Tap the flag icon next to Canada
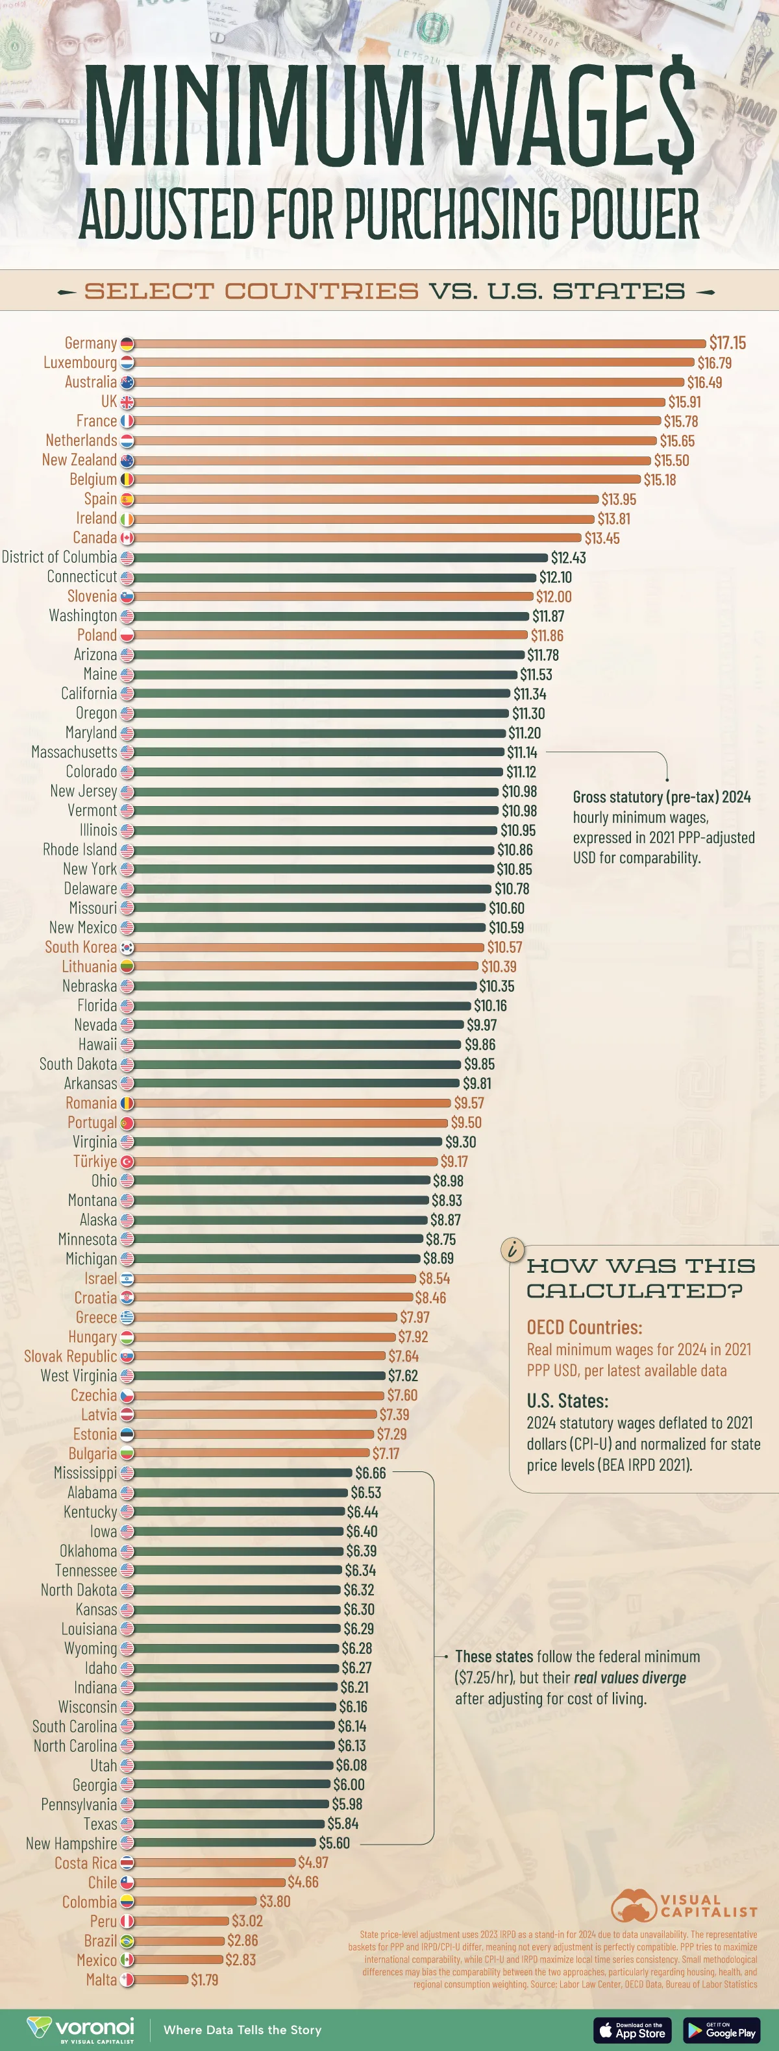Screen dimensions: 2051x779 coord(127,538)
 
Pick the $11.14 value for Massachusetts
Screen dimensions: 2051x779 coord(522,752)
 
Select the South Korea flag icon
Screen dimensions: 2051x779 coord(127,948)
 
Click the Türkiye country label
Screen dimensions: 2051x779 coord(95,1162)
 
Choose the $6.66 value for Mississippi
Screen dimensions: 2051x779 coord(371,1473)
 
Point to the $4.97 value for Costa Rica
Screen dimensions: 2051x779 coord(313,1863)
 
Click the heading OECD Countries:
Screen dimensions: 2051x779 coord(584,1327)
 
